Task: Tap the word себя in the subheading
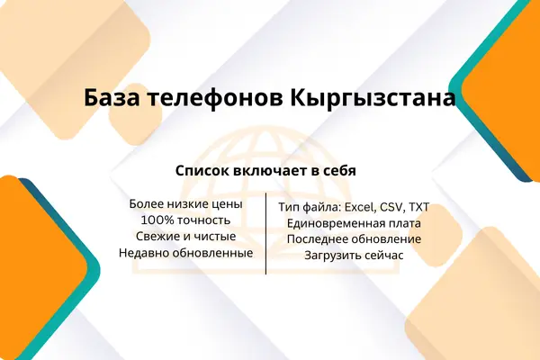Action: [340, 170]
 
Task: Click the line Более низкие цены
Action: [186, 204]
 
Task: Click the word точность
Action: [202, 220]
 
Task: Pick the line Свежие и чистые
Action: [186, 237]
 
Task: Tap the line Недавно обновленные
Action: [186, 253]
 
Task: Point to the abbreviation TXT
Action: [418, 207]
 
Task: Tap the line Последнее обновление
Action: [354, 239]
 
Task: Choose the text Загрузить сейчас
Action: [354, 256]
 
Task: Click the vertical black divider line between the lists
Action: [265, 234]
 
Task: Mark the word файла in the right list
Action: [322, 207]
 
